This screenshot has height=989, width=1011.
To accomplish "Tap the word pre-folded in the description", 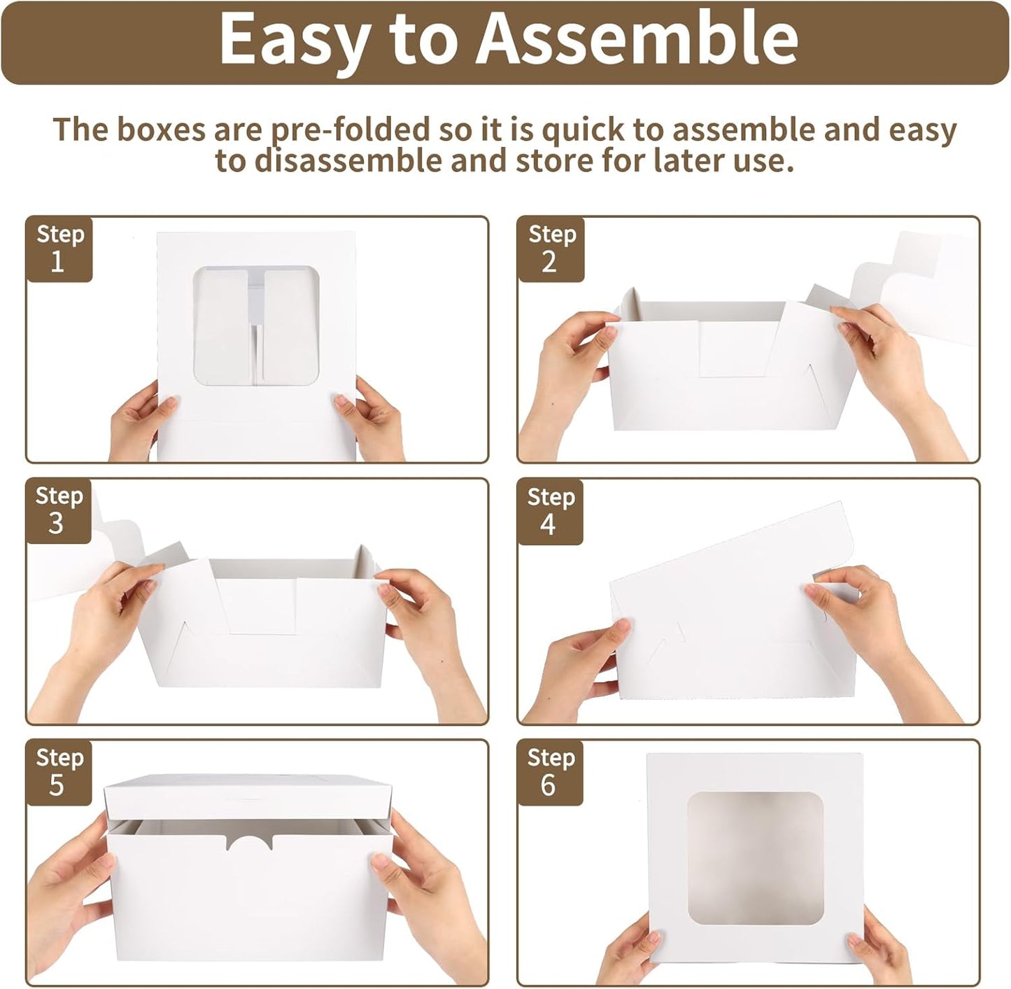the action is point(351,130).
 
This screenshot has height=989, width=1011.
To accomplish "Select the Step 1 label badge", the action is point(59,249).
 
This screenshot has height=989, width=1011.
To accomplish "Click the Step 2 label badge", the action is point(551,249).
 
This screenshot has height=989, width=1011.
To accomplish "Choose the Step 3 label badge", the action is point(59,512).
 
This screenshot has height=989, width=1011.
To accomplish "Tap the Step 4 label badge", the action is point(550,512).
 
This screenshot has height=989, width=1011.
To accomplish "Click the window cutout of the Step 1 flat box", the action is point(256,326).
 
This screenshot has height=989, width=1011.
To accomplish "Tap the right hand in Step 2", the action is point(893,379).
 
